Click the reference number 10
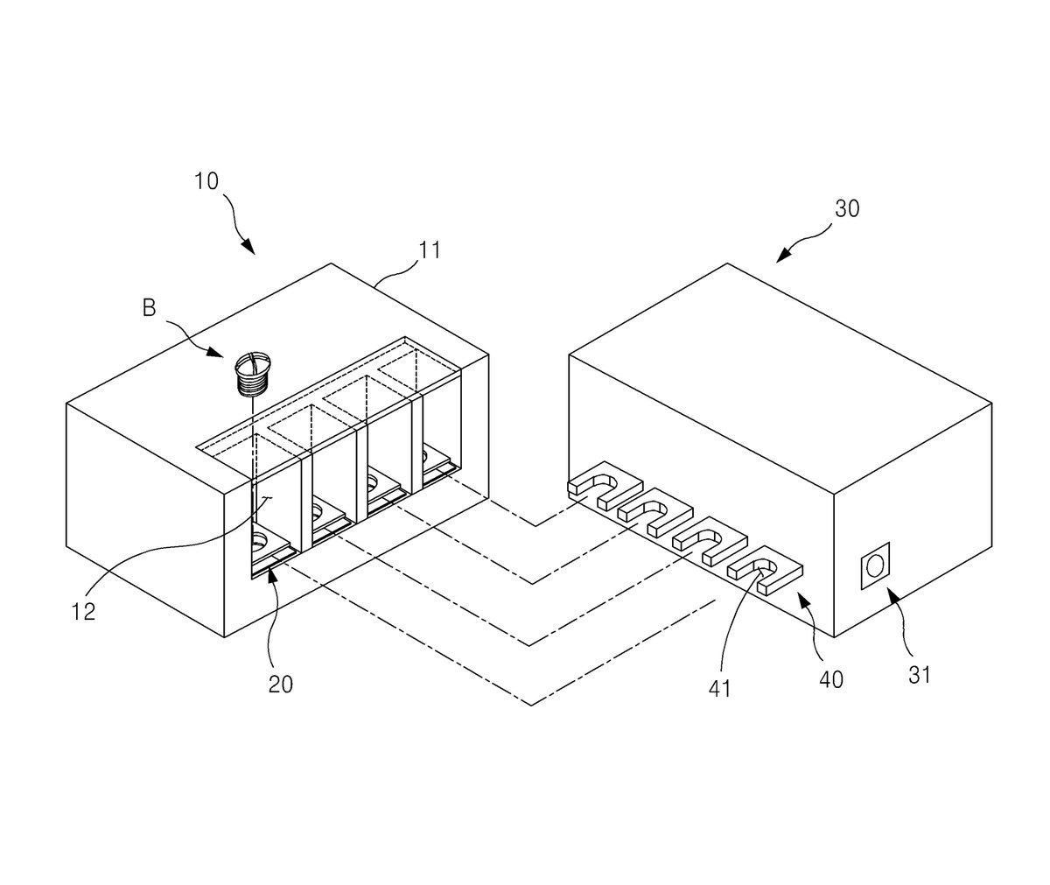point(206,181)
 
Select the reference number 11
point(430,250)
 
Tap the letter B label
point(150,308)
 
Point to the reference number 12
point(83,612)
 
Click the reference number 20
point(281,685)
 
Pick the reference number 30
point(847,209)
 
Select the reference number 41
point(719,689)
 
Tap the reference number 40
point(831,680)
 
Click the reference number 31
point(920,675)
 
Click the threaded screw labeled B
point(253,373)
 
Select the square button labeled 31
point(876,565)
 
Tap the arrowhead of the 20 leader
point(272,572)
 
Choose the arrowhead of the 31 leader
point(894,594)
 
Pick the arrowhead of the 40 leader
point(802,600)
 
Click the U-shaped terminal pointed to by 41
point(765,570)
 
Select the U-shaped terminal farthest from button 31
point(605,485)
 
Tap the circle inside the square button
point(876,565)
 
